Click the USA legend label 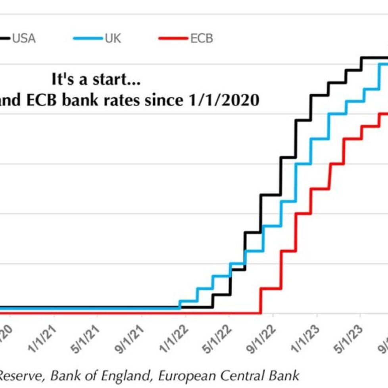24,38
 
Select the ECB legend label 202,38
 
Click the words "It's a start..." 96,79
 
